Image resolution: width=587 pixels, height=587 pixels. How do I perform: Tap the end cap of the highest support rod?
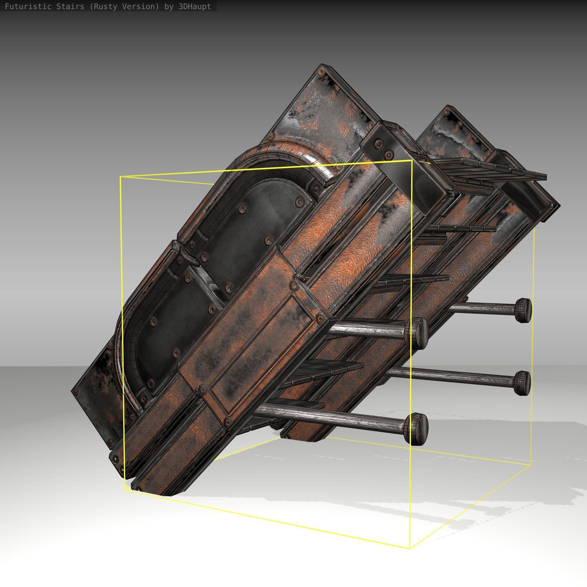click(x=523, y=310)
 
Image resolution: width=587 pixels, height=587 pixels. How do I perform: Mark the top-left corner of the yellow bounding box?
click(x=120, y=177)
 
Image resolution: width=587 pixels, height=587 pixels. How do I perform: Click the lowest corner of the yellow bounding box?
click(x=410, y=549)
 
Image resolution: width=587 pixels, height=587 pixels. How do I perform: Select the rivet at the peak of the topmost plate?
click(x=321, y=72)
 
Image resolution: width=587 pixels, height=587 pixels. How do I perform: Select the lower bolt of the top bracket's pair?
click(x=388, y=155)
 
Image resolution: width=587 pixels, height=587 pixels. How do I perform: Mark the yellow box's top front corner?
click(x=412, y=160)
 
